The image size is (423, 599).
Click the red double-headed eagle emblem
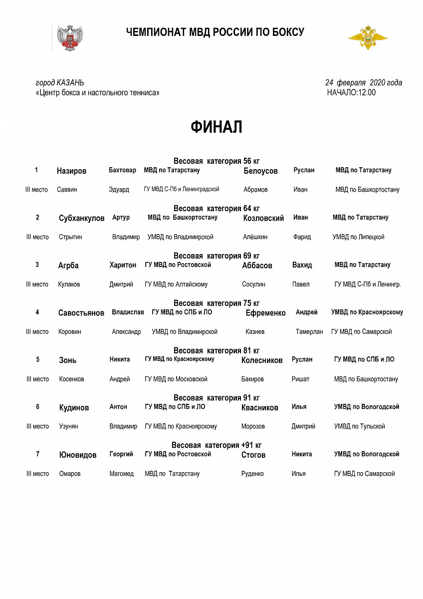point(70,38)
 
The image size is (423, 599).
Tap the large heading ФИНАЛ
point(216,127)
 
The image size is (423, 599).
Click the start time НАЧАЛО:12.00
point(351,92)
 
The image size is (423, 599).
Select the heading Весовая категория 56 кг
point(216,161)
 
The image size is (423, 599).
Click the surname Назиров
point(71,171)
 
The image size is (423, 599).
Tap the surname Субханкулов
point(82,218)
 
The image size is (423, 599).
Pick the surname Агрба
point(68,266)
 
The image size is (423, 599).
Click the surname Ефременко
point(265,313)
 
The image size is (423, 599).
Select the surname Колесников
point(262,360)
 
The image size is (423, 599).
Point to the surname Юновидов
point(78,455)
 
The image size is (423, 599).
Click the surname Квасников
point(259,408)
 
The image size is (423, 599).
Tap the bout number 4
point(37,312)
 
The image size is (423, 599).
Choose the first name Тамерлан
point(309,332)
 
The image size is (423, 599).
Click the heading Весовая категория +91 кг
point(216,445)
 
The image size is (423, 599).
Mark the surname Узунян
point(68,427)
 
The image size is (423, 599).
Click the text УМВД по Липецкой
point(358,237)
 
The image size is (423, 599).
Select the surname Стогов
point(253,455)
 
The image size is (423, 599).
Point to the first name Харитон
point(123,265)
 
